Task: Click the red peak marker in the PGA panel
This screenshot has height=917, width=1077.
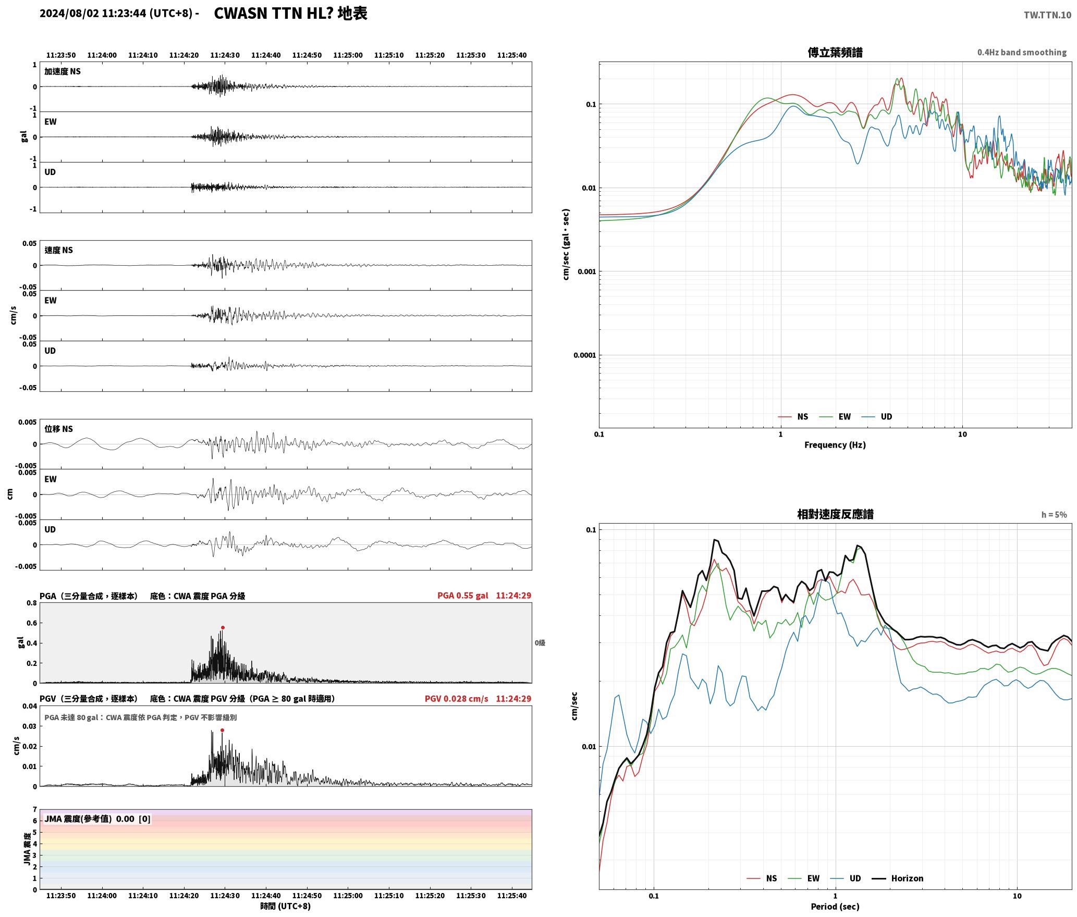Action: click(x=223, y=628)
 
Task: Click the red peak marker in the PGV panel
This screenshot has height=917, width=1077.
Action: click(x=222, y=730)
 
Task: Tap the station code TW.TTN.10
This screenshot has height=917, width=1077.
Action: click(x=1047, y=15)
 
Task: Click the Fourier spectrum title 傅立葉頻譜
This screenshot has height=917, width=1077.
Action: click(x=835, y=53)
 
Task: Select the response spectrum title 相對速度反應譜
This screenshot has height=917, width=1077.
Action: click(x=835, y=514)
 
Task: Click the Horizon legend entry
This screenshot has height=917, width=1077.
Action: click(x=898, y=878)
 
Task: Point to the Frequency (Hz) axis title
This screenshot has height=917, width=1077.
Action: click(x=835, y=445)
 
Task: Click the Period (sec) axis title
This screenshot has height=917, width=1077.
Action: click(x=835, y=907)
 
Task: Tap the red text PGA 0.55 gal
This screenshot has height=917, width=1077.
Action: click(x=463, y=596)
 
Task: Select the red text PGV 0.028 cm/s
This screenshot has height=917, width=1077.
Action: click(x=457, y=699)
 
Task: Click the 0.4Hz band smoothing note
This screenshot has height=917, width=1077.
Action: click(x=1022, y=53)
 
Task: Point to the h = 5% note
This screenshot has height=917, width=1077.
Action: click(x=1054, y=515)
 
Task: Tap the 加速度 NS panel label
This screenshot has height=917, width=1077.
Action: click(x=63, y=72)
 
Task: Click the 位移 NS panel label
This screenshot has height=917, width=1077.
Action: click(x=59, y=429)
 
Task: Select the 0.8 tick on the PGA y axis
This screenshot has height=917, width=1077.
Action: click(x=31, y=603)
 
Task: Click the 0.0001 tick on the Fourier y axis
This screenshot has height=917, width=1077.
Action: click(x=584, y=356)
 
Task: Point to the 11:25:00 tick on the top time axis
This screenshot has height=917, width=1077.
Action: click(x=348, y=55)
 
